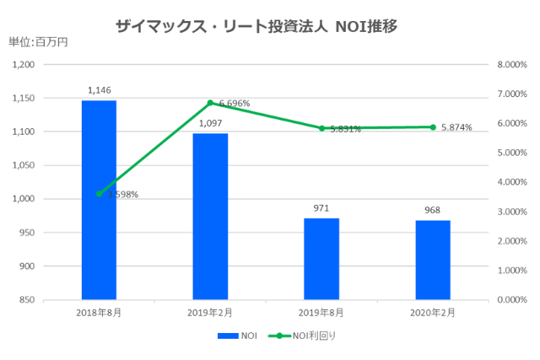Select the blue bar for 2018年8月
(x=99, y=200)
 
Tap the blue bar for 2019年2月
(x=210, y=216)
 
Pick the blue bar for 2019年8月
(x=321, y=259)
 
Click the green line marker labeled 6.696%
(x=210, y=103)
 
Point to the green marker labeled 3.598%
(x=99, y=193)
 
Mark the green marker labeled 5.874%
(x=433, y=127)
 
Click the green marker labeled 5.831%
(x=321, y=128)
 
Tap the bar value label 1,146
(x=99, y=90)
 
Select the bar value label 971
(x=321, y=207)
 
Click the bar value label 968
(x=433, y=210)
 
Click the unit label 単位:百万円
(x=37, y=41)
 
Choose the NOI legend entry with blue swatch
(x=237, y=336)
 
